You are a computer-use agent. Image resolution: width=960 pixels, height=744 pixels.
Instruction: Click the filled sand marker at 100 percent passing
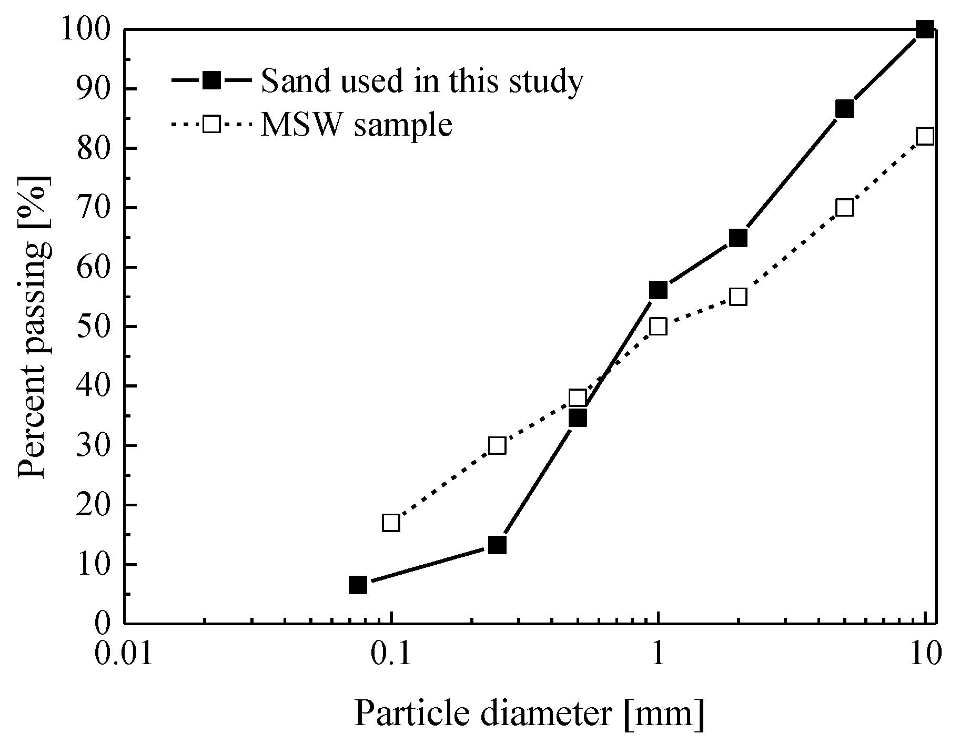pyautogui.click(x=925, y=29)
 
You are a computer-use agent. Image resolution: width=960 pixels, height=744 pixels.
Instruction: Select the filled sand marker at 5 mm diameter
pyautogui.click(x=844, y=109)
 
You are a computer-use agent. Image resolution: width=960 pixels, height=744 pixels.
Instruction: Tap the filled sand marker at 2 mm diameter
pyautogui.click(x=738, y=238)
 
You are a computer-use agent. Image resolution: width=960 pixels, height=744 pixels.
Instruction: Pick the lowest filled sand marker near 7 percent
pyautogui.click(x=358, y=585)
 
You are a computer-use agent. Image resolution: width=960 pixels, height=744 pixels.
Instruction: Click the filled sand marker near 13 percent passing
pyautogui.click(x=497, y=545)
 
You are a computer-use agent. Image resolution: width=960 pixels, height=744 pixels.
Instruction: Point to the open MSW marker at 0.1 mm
pyautogui.click(x=391, y=523)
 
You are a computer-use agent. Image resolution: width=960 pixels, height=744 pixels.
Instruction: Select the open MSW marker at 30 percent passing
pyautogui.click(x=497, y=446)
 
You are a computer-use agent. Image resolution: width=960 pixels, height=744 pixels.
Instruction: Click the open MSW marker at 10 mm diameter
pyautogui.click(x=925, y=136)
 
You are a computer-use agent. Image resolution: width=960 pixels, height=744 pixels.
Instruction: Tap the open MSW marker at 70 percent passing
pyautogui.click(x=844, y=208)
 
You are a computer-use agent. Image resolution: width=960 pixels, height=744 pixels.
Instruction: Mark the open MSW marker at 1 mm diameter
pyautogui.click(x=658, y=327)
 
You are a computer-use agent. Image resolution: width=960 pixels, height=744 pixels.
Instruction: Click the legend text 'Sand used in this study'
pyautogui.click(x=422, y=81)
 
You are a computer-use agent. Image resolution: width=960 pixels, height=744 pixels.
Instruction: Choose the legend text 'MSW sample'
pyautogui.click(x=357, y=125)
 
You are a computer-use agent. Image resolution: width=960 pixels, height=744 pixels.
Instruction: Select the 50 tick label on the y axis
pyautogui.click(x=92, y=327)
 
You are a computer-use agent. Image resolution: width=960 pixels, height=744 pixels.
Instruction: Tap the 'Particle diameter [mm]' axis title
pyautogui.click(x=529, y=714)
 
